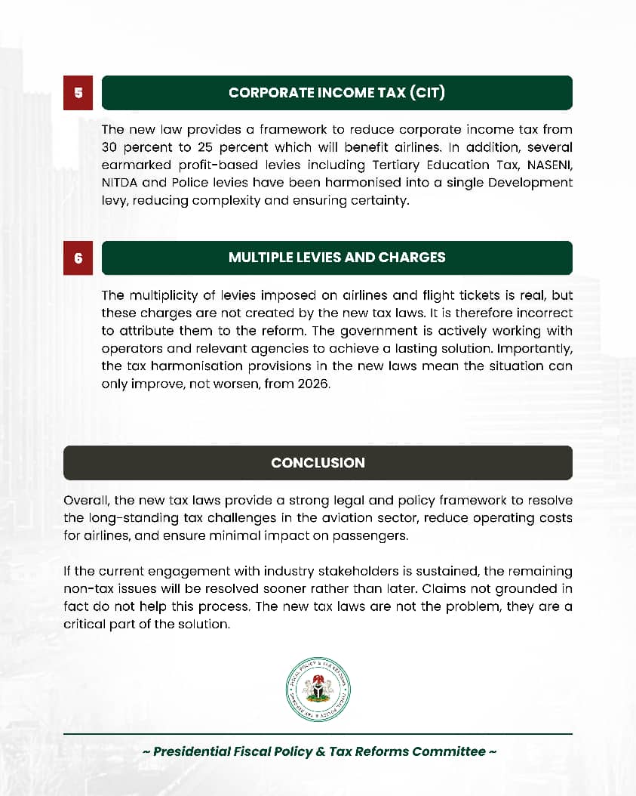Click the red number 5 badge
tap(78, 93)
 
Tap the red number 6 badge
tap(78, 258)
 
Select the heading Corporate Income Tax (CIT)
tap(336, 93)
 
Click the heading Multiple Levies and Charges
tap(336, 258)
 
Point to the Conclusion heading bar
tap(318, 463)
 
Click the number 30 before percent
tap(113, 147)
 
